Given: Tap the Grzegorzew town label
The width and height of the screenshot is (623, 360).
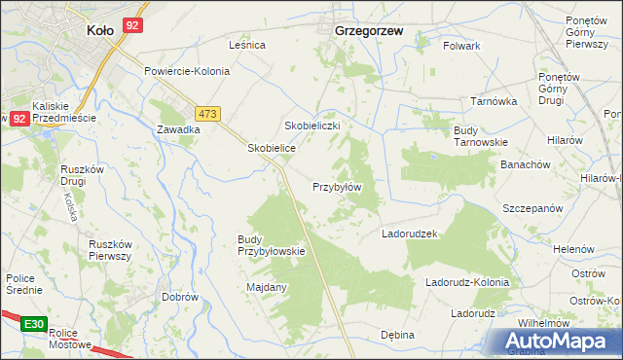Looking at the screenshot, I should tap(369, 30).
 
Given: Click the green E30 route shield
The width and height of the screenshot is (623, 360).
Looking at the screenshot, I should tap(35, 323).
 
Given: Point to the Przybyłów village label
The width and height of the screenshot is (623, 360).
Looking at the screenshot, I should tap(337, 187).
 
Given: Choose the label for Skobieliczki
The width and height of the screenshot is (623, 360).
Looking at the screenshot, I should tap(311, 126).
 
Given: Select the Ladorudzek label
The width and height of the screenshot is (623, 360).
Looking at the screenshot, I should tap(412, 234).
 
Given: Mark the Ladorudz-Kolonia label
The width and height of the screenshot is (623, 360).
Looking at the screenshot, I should tap(467, 282).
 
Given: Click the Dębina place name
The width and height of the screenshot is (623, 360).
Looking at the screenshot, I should tap(397, 335).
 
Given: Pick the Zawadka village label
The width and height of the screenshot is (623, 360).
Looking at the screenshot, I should tap(178, 128).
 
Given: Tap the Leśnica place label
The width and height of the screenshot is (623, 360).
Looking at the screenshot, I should tap(247, 45).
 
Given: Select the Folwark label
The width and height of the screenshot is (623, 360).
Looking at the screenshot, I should tap(462, 46).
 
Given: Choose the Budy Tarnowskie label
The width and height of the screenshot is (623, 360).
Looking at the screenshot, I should tap(481, 135).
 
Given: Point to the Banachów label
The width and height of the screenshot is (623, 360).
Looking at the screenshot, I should tap(526, 164).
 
